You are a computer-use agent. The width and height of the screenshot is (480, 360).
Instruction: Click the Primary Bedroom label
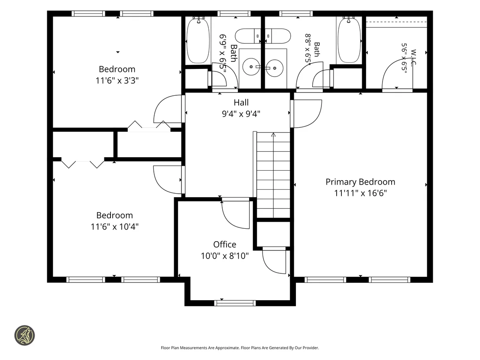[360, 182]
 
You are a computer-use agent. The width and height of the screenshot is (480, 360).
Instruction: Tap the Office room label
[225, 244]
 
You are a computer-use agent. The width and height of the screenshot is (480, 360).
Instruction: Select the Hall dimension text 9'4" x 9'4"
[241, 114]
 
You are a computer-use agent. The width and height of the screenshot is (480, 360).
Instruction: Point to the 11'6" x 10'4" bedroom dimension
[114, 227]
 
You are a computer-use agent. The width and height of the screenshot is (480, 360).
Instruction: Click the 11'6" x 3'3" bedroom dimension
[117, 81]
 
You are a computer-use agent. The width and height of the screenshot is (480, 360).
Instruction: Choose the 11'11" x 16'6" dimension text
[360, 193]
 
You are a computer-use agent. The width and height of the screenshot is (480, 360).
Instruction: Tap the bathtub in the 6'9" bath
[198, 41]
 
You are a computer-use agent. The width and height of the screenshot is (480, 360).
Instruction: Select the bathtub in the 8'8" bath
[349, 41]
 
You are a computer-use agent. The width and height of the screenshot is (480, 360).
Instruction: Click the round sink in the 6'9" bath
[251, 67]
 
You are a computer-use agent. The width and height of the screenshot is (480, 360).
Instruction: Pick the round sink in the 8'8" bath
[275, 67]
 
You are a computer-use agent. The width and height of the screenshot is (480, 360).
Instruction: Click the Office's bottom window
[235, 303]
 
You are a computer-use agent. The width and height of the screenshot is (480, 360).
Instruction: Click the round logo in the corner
[25, 335]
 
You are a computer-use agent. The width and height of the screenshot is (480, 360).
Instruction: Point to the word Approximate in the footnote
[227, 348]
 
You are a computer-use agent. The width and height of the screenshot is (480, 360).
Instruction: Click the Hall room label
[241, 103]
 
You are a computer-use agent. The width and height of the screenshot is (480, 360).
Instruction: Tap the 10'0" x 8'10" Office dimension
[225, 256]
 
